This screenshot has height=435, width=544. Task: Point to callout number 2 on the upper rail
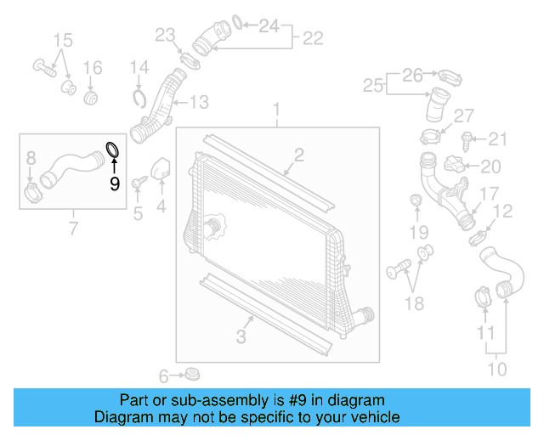point(298,154)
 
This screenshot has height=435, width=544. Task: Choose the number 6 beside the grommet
point(164,375)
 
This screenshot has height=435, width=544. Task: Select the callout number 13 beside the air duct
point(198,103)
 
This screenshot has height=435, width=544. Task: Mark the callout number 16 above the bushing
point(92,67)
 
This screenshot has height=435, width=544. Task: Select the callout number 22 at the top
point(313,38)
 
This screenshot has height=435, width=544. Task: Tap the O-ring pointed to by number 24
point(239,21)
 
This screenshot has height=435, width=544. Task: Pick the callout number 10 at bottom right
point(496,369)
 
